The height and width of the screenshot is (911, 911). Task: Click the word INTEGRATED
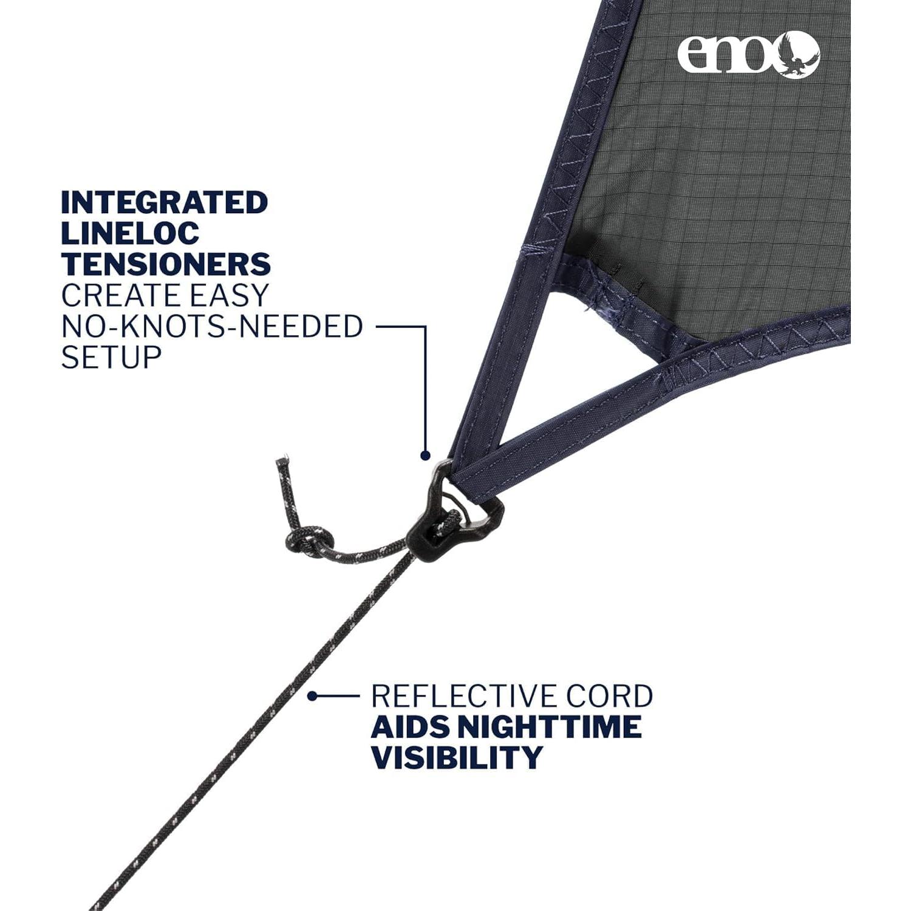point(164,203)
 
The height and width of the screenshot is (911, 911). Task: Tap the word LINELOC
point(130,234)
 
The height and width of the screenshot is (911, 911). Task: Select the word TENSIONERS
point(166,265)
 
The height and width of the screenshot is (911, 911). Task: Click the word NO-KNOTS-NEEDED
point(212,327)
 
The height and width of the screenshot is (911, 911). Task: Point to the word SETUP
point(111,358)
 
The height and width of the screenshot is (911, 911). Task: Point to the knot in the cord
point(311,541)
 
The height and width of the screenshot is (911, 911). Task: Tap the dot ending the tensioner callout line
point(425,455)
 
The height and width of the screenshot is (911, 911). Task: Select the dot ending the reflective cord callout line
point(312,696)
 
